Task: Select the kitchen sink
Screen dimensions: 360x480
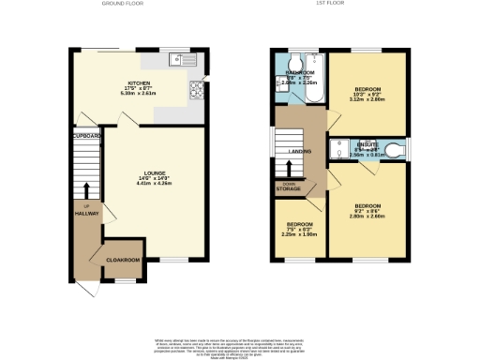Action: [x=178, y=60]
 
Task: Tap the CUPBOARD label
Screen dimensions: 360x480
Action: [x=86, y=137]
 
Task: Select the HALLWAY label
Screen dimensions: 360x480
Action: [x=86, y=213]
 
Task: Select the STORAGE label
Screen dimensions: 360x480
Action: [x=289, y=189]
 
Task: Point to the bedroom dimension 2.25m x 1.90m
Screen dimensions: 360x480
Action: [x=300, y=235]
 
